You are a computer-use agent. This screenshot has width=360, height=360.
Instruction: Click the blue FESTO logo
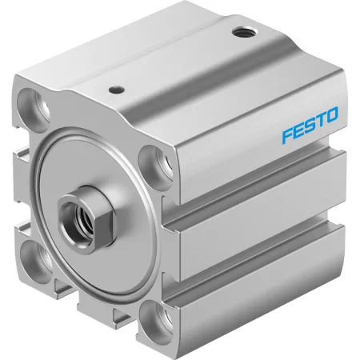point(310,125)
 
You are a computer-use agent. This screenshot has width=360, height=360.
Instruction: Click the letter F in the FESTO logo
point(287,135)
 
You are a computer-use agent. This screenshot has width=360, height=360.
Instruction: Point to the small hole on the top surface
point(117,90)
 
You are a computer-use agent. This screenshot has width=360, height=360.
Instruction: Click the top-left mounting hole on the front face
point(34,107)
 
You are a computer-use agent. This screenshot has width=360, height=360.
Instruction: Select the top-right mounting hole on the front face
point(156,163)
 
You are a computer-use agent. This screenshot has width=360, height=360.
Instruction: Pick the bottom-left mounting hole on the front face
point(36,258)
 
